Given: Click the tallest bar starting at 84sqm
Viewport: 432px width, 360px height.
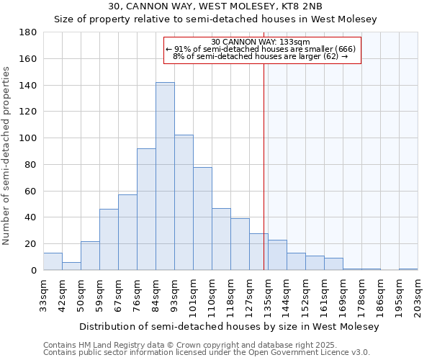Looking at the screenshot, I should [165, 176].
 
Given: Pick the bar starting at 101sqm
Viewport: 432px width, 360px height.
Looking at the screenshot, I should [202, 218].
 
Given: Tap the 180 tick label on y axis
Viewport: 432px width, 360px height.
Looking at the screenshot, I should [28, 32].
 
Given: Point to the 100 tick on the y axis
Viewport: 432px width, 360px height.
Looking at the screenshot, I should [28, 138].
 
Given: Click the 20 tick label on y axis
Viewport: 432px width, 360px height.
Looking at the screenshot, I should [31, 244].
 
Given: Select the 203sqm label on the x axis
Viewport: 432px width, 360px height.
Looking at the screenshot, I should [418, 295].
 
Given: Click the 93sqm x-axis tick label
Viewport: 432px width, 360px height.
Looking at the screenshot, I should [174, 295].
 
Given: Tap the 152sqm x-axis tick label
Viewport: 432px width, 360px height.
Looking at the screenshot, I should [305, 295].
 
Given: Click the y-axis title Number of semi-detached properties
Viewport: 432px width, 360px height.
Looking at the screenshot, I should [7, 155].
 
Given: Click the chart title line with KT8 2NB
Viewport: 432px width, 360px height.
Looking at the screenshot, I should [215, 6].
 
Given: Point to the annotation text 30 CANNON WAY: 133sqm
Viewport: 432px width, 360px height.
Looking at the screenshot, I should [261, 42].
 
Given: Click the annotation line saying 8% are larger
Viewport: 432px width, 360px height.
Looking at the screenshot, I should [261, 56].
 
